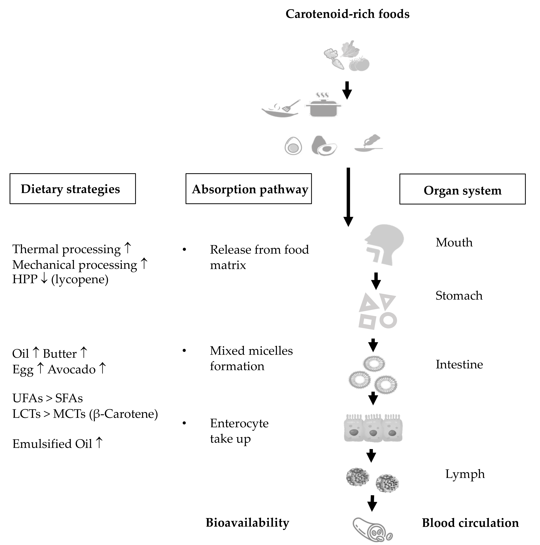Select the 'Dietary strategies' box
pos(73,189)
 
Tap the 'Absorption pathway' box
pos(249,189)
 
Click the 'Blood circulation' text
pos(470,523)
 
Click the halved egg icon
pos(293,146)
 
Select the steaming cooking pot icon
pos(323,106)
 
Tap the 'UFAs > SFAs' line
pos(48,398)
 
